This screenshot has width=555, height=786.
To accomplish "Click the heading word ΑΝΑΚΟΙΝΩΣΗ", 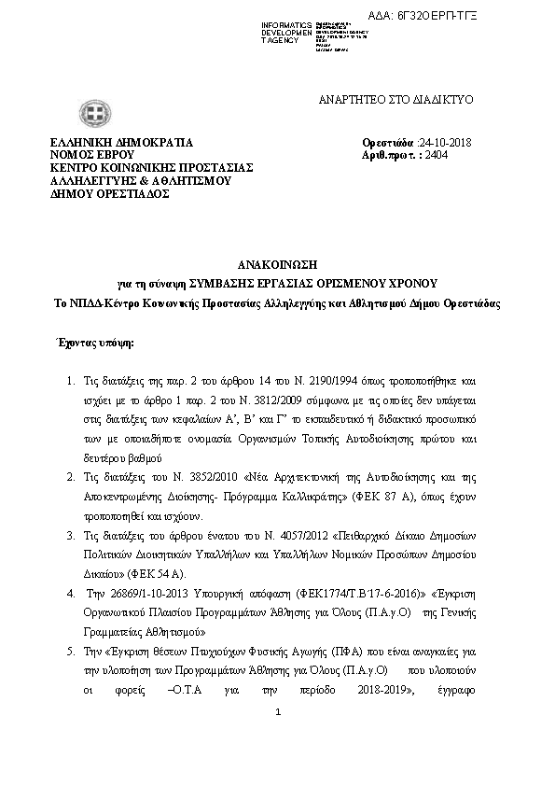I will click(x=277, y=264).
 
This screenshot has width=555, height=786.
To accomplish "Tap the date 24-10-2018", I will click(x=447, y=143).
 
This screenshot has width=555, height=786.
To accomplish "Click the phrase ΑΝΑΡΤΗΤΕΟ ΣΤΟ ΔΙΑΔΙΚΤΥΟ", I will click(x=397, y=99).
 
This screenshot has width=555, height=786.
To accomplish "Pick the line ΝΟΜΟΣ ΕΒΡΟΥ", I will click(x=93, y=155).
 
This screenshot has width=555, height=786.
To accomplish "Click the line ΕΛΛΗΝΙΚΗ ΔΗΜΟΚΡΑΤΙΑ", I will click(x=121, y=143).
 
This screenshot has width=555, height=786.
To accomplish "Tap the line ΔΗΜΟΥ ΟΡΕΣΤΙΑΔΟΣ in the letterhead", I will click(x=110, y=194).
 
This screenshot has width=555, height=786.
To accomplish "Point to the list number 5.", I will click(x=72, y=650).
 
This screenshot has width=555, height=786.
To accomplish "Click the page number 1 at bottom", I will click(x=278, y=714).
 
